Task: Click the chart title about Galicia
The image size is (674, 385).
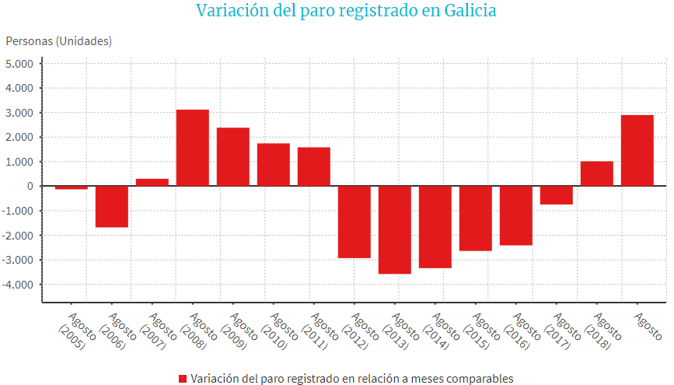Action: [x=345, y=12]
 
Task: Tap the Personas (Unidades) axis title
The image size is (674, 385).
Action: [x=59, y=40]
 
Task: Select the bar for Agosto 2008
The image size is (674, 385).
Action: [x=193, y=148]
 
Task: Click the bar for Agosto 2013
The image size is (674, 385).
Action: [x=395, y=229]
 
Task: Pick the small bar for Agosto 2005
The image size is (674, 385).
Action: [x=71, y=187]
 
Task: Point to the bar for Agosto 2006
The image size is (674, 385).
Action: [x=112, y=206]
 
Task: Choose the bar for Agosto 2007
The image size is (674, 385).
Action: [x=152, y=183]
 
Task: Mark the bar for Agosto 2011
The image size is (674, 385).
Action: [x=314, y=166]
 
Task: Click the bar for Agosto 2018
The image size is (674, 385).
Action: [x=597, y=173]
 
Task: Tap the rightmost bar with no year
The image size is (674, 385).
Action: [x=637, y=151]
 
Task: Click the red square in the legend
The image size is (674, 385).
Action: [x=183, y=379]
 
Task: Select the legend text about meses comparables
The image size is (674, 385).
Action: [x=352, y=379]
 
